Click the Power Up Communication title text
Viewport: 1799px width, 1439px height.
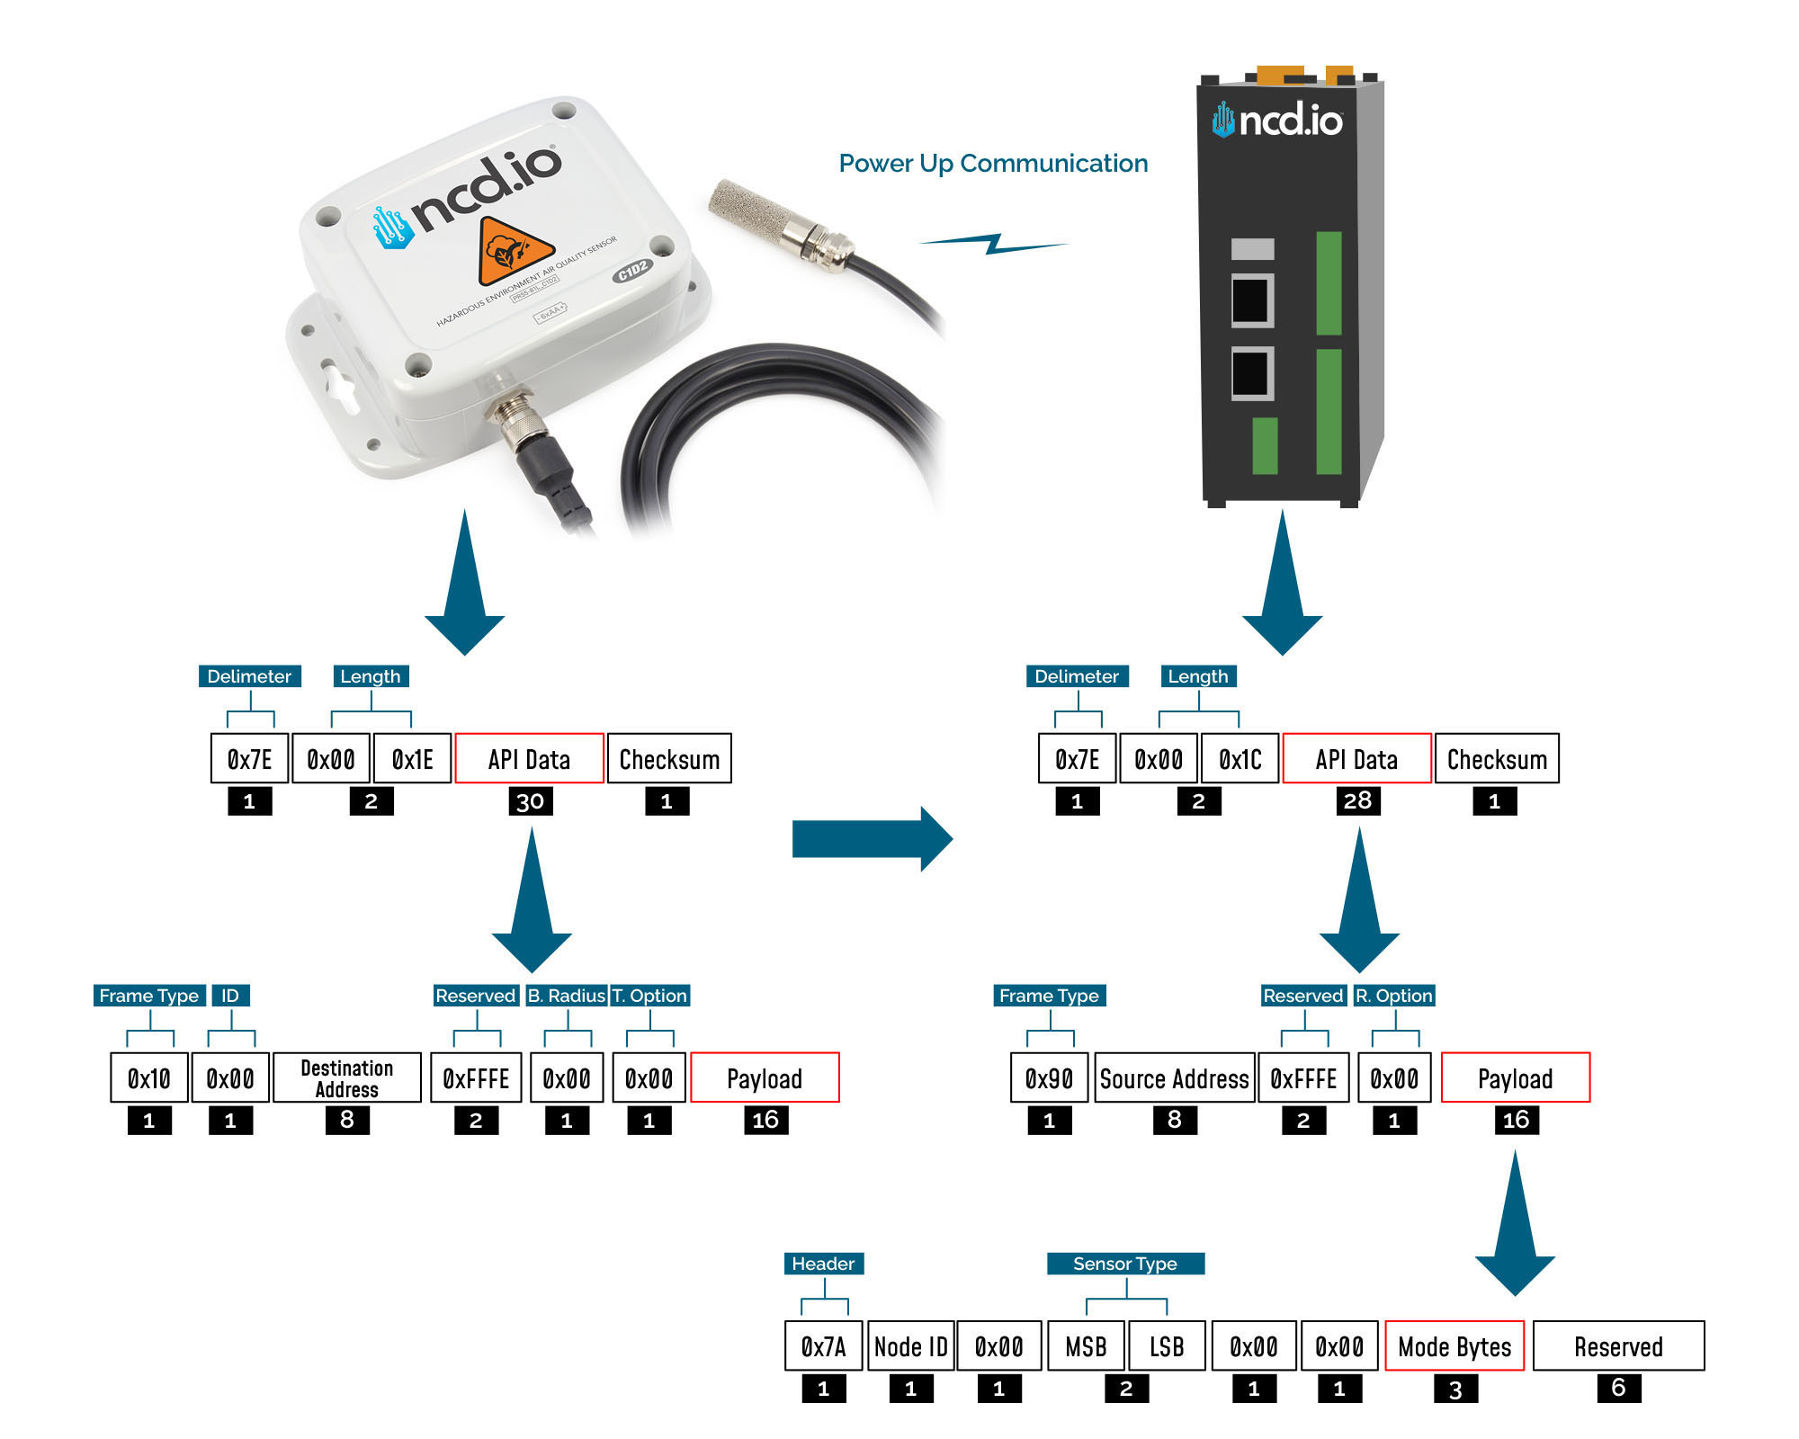[x=993, y=164]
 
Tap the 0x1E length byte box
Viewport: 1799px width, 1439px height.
[x=412, y=759]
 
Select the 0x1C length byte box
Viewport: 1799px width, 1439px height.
[x=1240, y=759]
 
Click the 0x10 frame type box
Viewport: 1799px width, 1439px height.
[x=149, y=1077]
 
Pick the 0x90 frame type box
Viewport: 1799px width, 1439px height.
[x=1049, y=1077]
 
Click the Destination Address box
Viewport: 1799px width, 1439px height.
[x=346, y=1077]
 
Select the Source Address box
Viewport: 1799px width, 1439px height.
[x=1174, y=1077]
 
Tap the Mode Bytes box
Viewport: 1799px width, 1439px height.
[x=1454, y=1345]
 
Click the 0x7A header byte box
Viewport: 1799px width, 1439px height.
[x=823, y=1345]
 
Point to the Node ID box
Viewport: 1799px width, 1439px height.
[x=910, y=1345]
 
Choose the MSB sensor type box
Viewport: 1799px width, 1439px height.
[x=1086, y=1345]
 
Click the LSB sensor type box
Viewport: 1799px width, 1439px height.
[x=1167, y=1345]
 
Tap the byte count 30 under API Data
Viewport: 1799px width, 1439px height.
[x=530, y=801]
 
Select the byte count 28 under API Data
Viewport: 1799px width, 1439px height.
[x=1357, y=800]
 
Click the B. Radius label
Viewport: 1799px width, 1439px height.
[x=566, y=996]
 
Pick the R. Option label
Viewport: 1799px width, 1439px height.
[x=1393, y=996]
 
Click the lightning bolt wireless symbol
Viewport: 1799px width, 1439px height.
[x=993, y=243]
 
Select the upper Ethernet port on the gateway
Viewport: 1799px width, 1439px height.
[x=1251, y=300]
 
